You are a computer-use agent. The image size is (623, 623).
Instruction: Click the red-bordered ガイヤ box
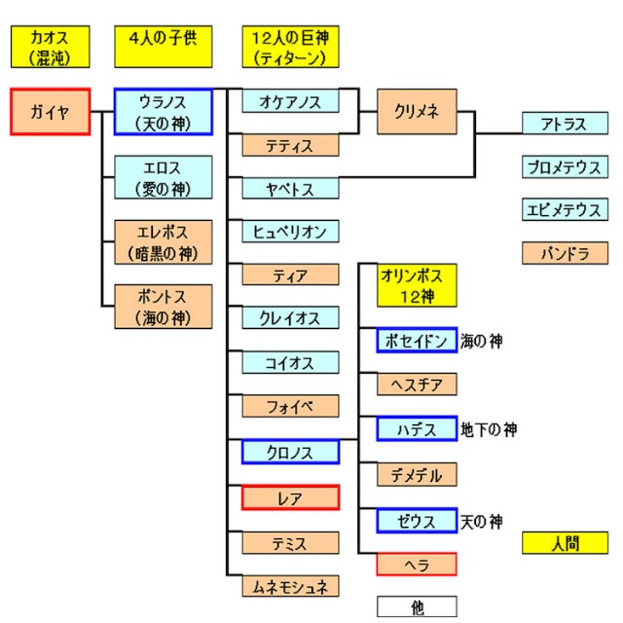50,112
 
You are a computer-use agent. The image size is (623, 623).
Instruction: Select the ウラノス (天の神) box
163,112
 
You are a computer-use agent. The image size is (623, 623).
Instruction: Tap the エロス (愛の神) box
163,177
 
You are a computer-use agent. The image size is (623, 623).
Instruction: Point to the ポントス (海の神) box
163,306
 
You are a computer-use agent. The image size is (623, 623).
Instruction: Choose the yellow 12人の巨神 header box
290,48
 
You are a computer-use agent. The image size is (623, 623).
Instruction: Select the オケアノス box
290,102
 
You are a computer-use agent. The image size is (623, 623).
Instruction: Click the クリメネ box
417,112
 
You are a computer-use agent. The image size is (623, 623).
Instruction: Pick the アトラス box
563,124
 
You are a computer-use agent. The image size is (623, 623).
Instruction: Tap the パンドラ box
563,253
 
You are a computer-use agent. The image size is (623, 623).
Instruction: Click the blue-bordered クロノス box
290,452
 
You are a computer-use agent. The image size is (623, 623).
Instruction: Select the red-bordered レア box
290,497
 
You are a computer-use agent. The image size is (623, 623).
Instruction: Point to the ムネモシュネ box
290,586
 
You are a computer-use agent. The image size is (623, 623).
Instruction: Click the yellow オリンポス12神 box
417,285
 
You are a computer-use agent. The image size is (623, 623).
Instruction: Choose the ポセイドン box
417,341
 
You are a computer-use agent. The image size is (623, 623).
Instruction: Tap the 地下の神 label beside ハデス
489,429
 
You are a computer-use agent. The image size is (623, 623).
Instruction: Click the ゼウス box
417,520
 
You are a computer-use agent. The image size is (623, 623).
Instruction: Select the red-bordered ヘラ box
417,564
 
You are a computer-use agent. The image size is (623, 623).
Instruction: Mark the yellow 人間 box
563,542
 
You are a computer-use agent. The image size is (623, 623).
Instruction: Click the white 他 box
417,606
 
